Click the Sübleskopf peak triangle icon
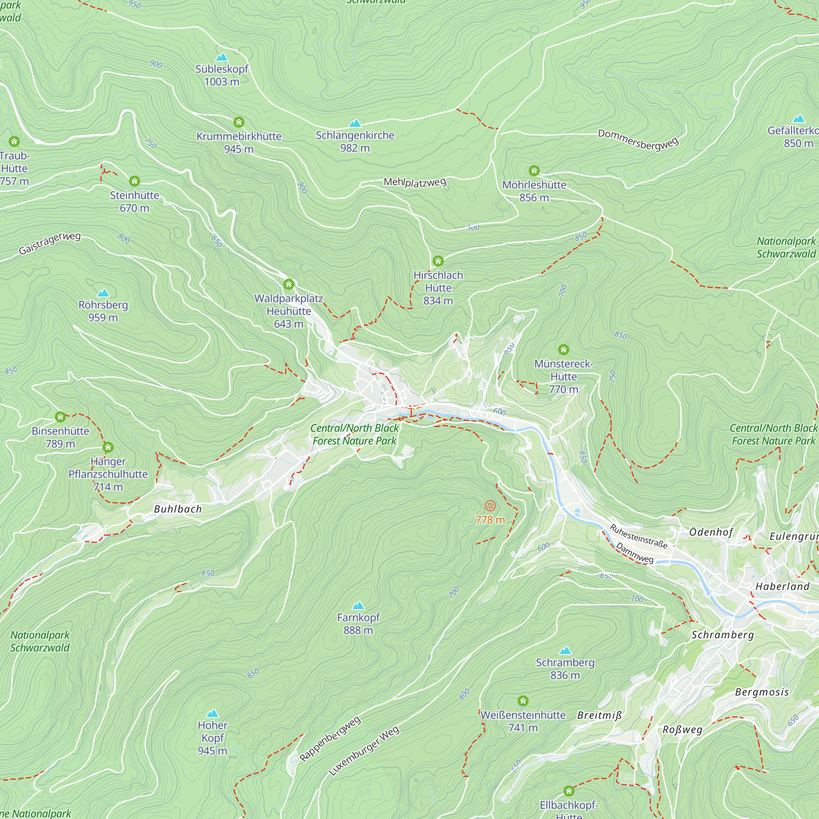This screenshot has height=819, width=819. click(222, 57)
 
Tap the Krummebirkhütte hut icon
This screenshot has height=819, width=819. click(239, 122)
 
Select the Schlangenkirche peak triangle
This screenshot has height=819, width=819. click(355, 123)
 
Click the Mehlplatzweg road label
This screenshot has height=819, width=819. click(414, 182)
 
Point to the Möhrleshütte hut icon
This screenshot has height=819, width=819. click(534, 170)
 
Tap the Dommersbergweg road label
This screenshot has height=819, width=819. click(638, 140)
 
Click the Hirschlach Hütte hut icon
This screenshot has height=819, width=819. click(438, 261)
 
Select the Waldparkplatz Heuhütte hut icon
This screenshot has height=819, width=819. click(289, 284)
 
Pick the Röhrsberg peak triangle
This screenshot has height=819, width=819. click(103, 293)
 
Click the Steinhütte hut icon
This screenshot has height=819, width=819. click(134, 181)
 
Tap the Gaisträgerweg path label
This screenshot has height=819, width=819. click(50, 243)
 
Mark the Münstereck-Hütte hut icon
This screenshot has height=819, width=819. click(563, 349)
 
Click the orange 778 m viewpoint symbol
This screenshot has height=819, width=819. click(490, 505)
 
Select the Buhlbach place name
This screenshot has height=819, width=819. click(178, 509)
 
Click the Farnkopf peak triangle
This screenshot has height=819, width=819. click(358, 605)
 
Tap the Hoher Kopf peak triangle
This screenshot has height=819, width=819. click(213, 713)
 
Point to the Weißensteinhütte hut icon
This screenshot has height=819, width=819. click(523, 701)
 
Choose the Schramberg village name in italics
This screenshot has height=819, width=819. click(722, 635)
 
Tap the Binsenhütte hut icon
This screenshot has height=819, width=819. click(60, 417)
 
